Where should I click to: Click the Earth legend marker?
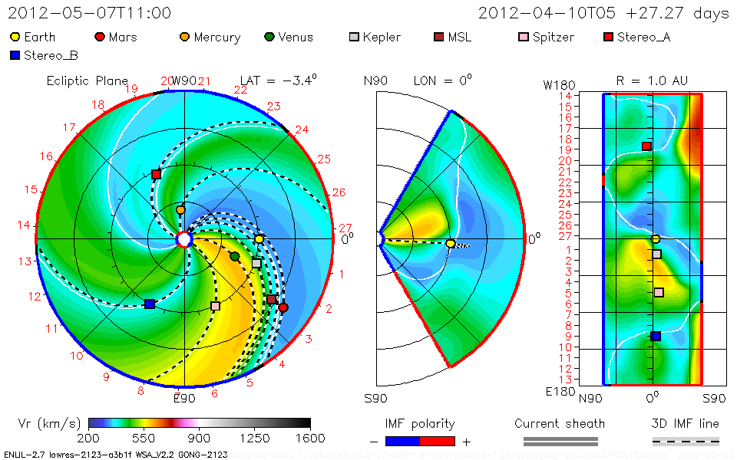[15, 37]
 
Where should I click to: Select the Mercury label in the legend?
[216, 37]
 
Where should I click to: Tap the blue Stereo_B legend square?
[15, 55]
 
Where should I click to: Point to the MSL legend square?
[438, 37]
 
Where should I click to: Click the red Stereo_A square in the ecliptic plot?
[156, 175]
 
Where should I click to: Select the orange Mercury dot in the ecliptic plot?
[180, 209]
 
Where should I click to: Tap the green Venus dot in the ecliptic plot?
[235, 255]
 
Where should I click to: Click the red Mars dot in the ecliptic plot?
[283, 307]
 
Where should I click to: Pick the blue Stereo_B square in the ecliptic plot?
[149, 304]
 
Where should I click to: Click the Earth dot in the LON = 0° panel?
[451, 243]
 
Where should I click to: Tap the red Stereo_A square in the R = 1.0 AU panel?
[646, 146]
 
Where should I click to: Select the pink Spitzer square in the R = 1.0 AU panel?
[659, 292]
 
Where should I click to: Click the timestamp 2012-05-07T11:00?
[90, 13]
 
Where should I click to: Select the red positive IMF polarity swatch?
[438, 441]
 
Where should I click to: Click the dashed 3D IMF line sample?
[686, 441]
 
